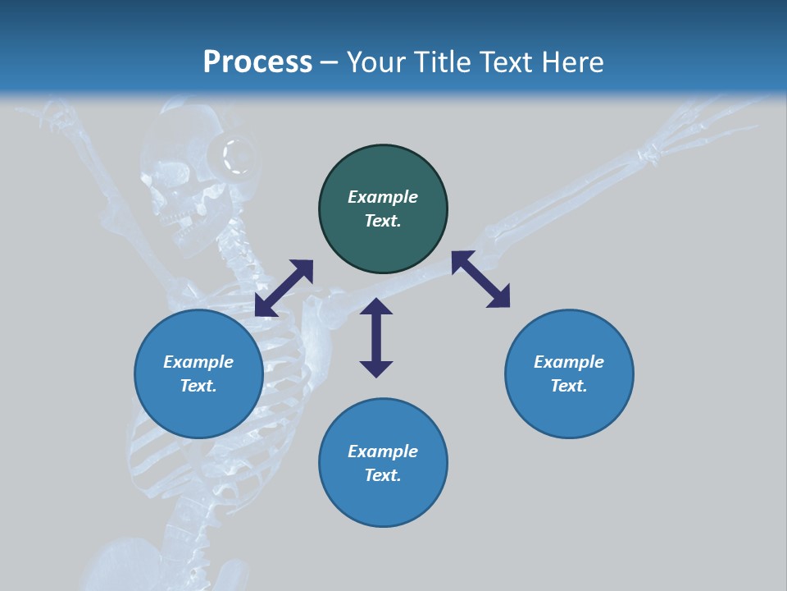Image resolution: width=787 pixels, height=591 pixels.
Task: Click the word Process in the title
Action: tap(257, 62)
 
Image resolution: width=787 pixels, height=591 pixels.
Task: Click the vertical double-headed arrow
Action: tap(376, 337)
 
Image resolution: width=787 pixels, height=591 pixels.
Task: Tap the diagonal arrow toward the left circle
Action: tap(284, 288)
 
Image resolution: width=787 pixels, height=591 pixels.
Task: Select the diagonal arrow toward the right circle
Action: tap(480, 279)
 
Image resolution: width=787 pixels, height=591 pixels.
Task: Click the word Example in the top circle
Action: tap(383, 197)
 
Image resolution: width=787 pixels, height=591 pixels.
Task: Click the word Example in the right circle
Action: tap(569, 362)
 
